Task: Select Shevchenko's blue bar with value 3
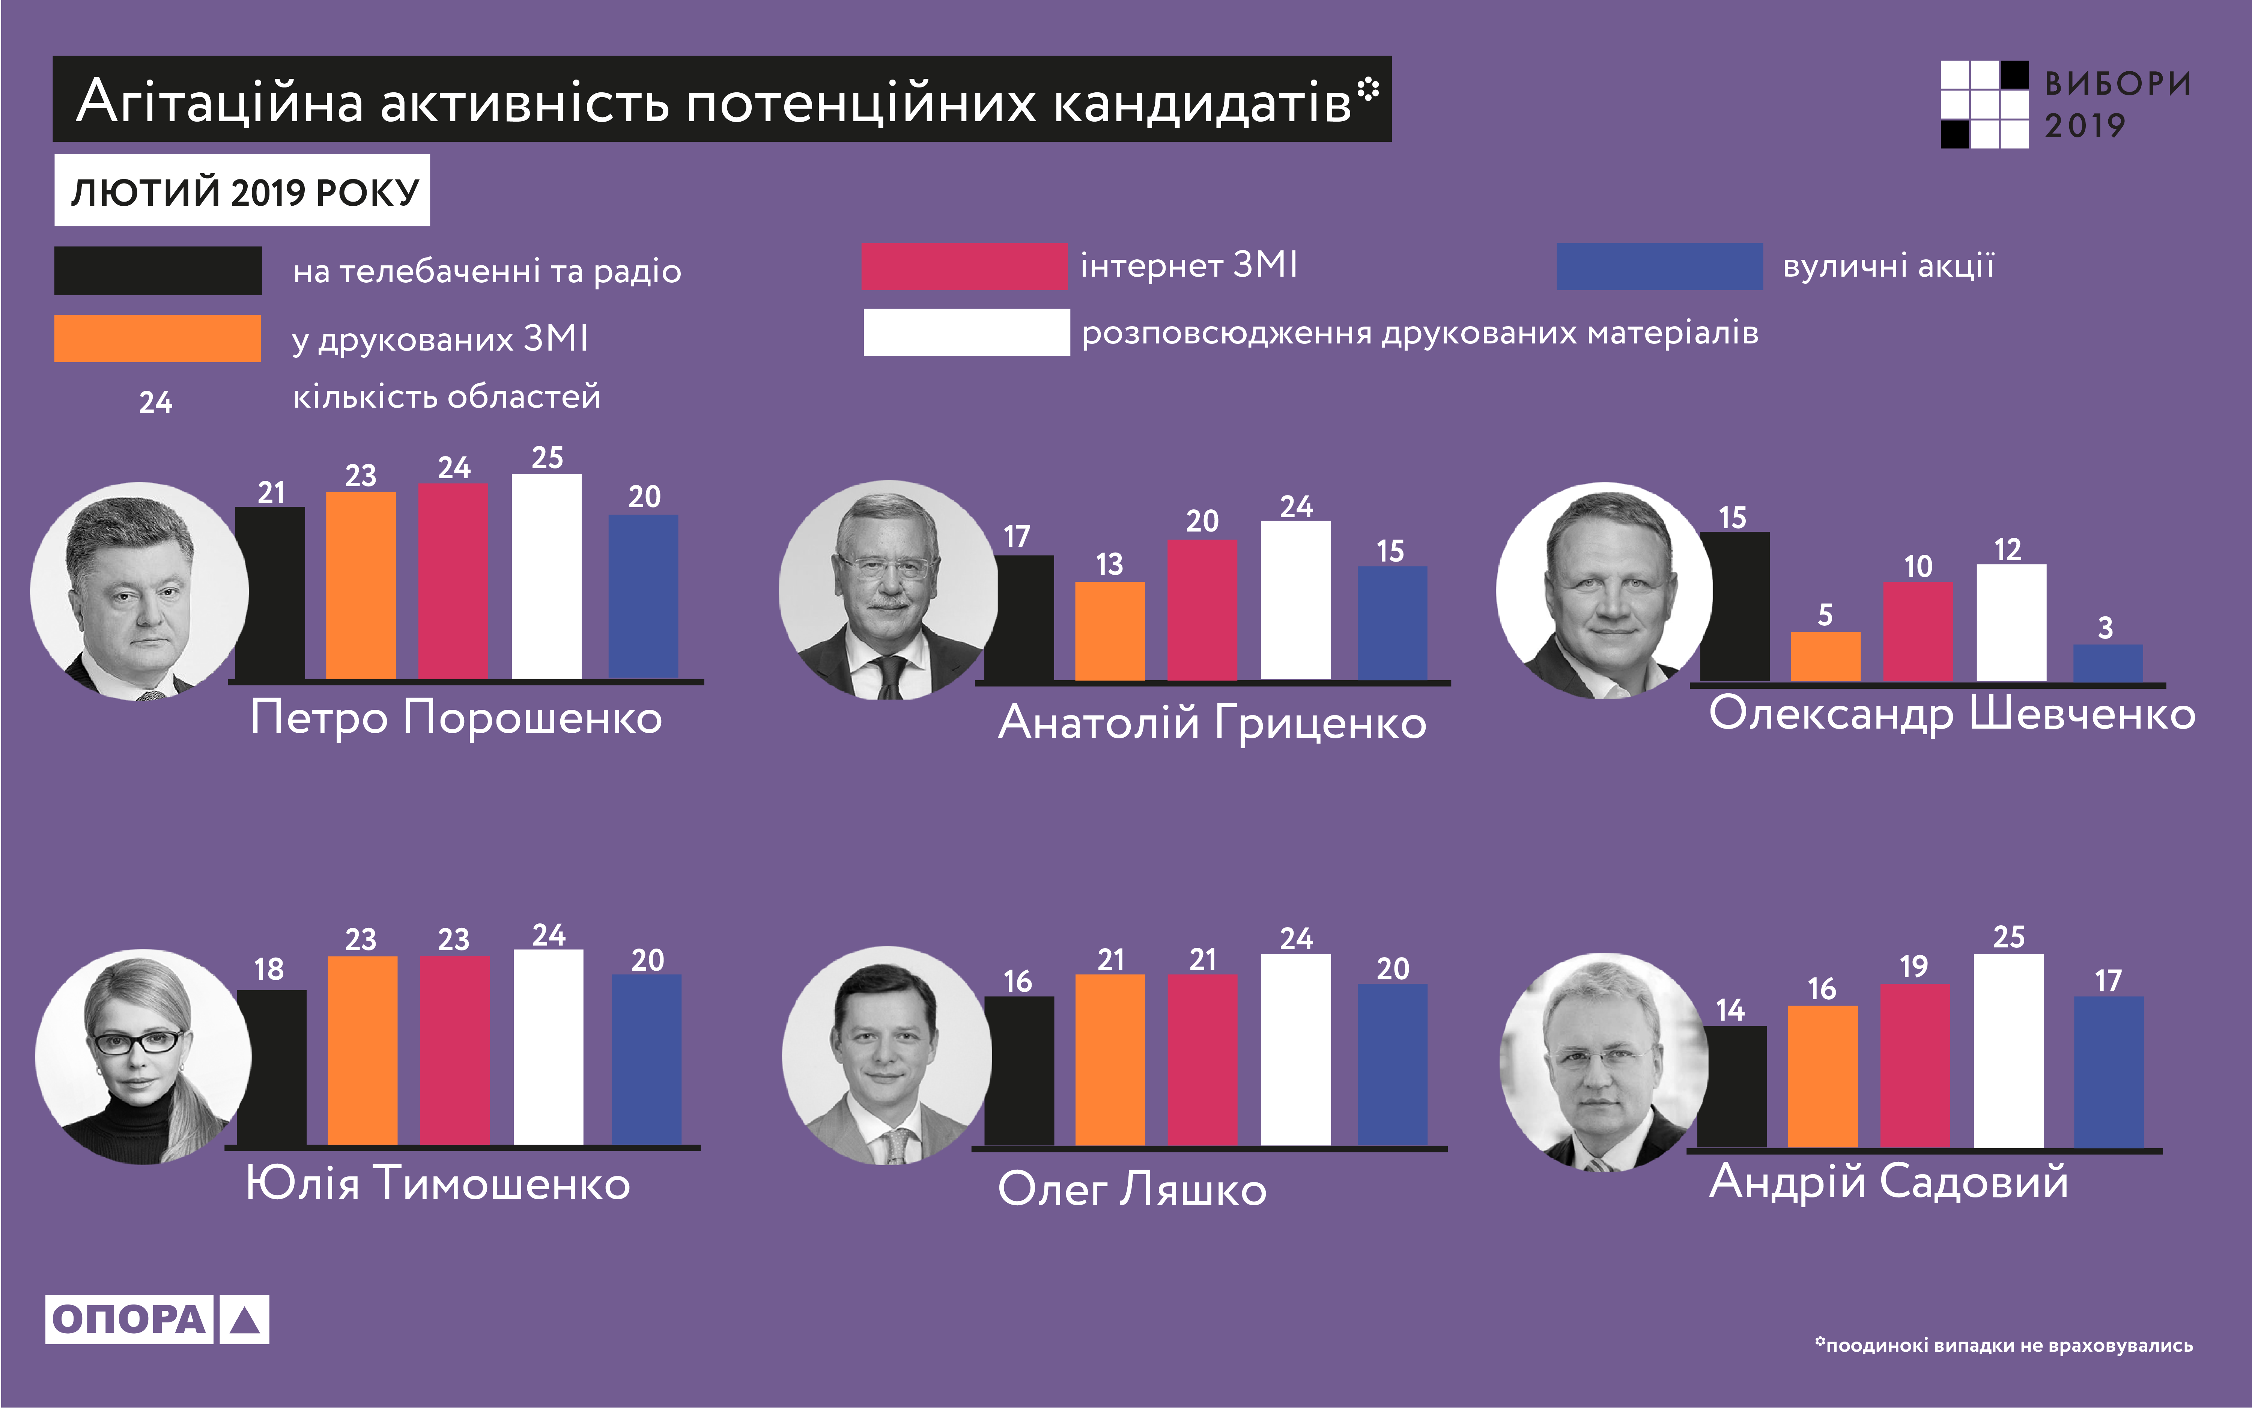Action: tap(2108, 663)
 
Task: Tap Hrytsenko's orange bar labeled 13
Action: tap(1110, 631)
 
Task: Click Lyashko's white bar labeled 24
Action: tap(1296, 1050)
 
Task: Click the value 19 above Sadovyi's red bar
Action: tap(1914, 967)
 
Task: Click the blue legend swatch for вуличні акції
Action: tap(1659, 267)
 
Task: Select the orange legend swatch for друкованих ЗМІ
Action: tap(157, 338)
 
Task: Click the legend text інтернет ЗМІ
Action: tap(1189, 265)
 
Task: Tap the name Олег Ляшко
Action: tap(1132, 1189)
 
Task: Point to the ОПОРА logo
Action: tap(156, 1319)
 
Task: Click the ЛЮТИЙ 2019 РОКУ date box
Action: tap(242, 191)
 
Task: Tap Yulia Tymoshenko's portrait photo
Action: tap(143, 1057)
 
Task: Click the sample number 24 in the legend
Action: tap(155, 402)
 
